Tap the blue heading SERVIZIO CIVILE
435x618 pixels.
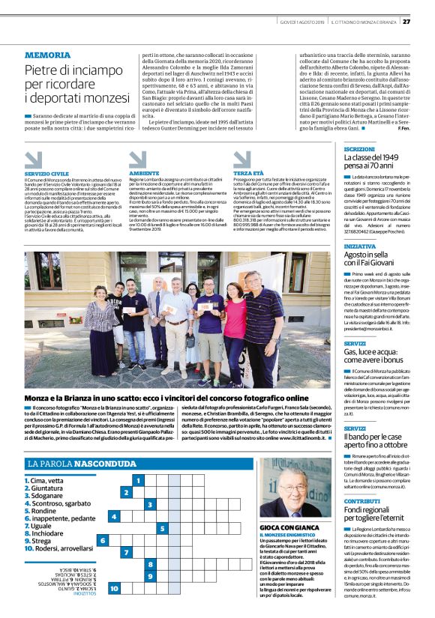pos(46,172)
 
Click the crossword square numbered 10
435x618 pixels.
pos(114,589)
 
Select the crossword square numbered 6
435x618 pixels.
pos(103,540)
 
